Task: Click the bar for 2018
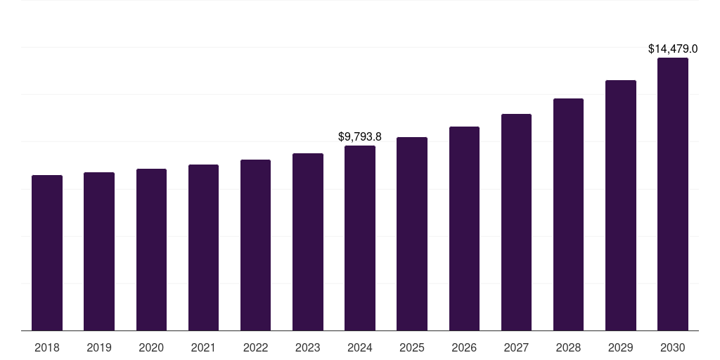tap(47, 253)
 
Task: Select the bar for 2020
tap(151, 250)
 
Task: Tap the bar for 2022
tap(255, 245)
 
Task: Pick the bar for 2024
tap(360, 238)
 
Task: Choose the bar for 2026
tap(464, 229)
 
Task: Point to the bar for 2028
tap(568, 214)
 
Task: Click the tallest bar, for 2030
tap(672, 194)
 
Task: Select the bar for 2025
tap(412, 234)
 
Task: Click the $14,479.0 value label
tap(672, 49)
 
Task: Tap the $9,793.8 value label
tap(360, 136)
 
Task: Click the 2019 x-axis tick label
tap(99, 347)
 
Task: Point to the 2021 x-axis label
tap(203, 347)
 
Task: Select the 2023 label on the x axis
tap(308, 347)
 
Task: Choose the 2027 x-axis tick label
tap(516, 347)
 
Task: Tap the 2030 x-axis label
tap(672, 347)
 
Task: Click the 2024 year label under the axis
tap(360, 347)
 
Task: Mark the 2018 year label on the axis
tap(47, 347)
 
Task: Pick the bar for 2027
tap(516, 222)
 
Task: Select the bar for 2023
tap(308, 242)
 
